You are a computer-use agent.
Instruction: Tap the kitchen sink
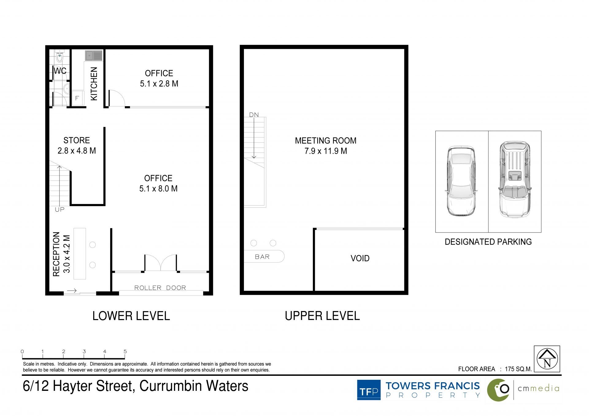pyautogui.click(x=94, y=56)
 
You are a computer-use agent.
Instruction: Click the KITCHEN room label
pyautogui.click(x=94, y=84)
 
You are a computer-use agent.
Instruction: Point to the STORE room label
pyautogui.click(x=77, y=140)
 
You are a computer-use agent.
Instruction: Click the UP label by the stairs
pyautogui.click(x=60, y=210)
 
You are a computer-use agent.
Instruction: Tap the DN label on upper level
pyautogui.click(x=254, y=115)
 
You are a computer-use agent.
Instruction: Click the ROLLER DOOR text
pyautogui.click(x=160, y=288)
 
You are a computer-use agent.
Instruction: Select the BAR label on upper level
pyautogui.click(x=262, y=257)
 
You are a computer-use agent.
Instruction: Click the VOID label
pyautogui.click(x=360, y=258)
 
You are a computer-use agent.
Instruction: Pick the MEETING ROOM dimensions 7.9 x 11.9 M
pyautogui.click(x=326, y=151)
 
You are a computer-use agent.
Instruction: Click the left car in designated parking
pyautogui.click(x=461, y=181)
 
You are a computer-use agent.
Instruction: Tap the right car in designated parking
pyautogui.click(x=515, y=179)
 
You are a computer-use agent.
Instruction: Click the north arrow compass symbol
pyautogui.click(x=547, y=359)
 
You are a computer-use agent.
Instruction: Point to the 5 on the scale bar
pyautogui.click(x=125, y=352)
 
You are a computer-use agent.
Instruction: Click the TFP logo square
pyautogui.click(x=369, y=390)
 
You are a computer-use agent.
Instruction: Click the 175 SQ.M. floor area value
pyautogui.click(x=518, y=369)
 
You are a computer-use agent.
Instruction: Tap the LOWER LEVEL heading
pyautogui.click(x=131, y=316)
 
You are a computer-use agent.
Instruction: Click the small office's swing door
pyautogui.click(x=117, y=98)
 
